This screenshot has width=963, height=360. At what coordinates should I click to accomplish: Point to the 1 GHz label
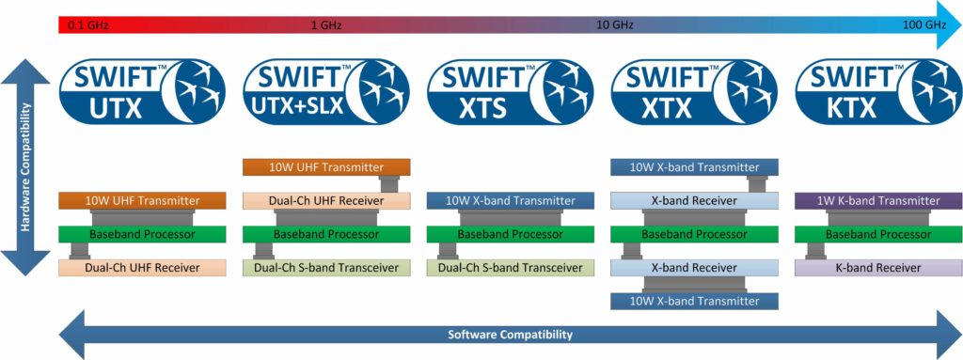[x=327, y=26]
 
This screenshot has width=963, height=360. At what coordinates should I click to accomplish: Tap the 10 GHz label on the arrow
[x=616, y=26]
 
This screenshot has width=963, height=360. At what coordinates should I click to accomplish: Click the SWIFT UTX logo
[x=142, y=91]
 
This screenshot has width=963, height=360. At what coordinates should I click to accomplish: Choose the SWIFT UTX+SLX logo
[x=326, y=91]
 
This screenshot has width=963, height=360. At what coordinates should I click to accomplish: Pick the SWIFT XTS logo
[x=511, y=91]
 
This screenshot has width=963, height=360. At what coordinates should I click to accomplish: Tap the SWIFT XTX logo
[x=694, y=91]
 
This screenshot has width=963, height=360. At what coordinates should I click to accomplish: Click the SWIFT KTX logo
[x=878, y=91]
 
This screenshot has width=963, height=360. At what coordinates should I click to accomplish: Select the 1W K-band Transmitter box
[x=878, y=201]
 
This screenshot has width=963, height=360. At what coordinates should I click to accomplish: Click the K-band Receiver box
[x=878, y=268]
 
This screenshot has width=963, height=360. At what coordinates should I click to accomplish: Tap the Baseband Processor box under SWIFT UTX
[x=142, y=234]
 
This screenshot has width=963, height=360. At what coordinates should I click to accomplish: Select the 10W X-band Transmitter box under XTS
[x=511, y=201]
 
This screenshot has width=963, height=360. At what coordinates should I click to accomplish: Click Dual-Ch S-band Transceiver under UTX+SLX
[x=326, y=268]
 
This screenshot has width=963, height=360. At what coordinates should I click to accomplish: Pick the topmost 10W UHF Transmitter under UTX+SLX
[x=326, y=167]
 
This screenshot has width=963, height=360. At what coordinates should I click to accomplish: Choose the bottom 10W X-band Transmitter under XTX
[x=694, y=301]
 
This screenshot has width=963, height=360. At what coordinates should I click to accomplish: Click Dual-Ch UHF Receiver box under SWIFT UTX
[x=142, y=268]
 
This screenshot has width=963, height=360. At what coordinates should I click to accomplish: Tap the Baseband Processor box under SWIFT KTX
[x=878, y=234]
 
